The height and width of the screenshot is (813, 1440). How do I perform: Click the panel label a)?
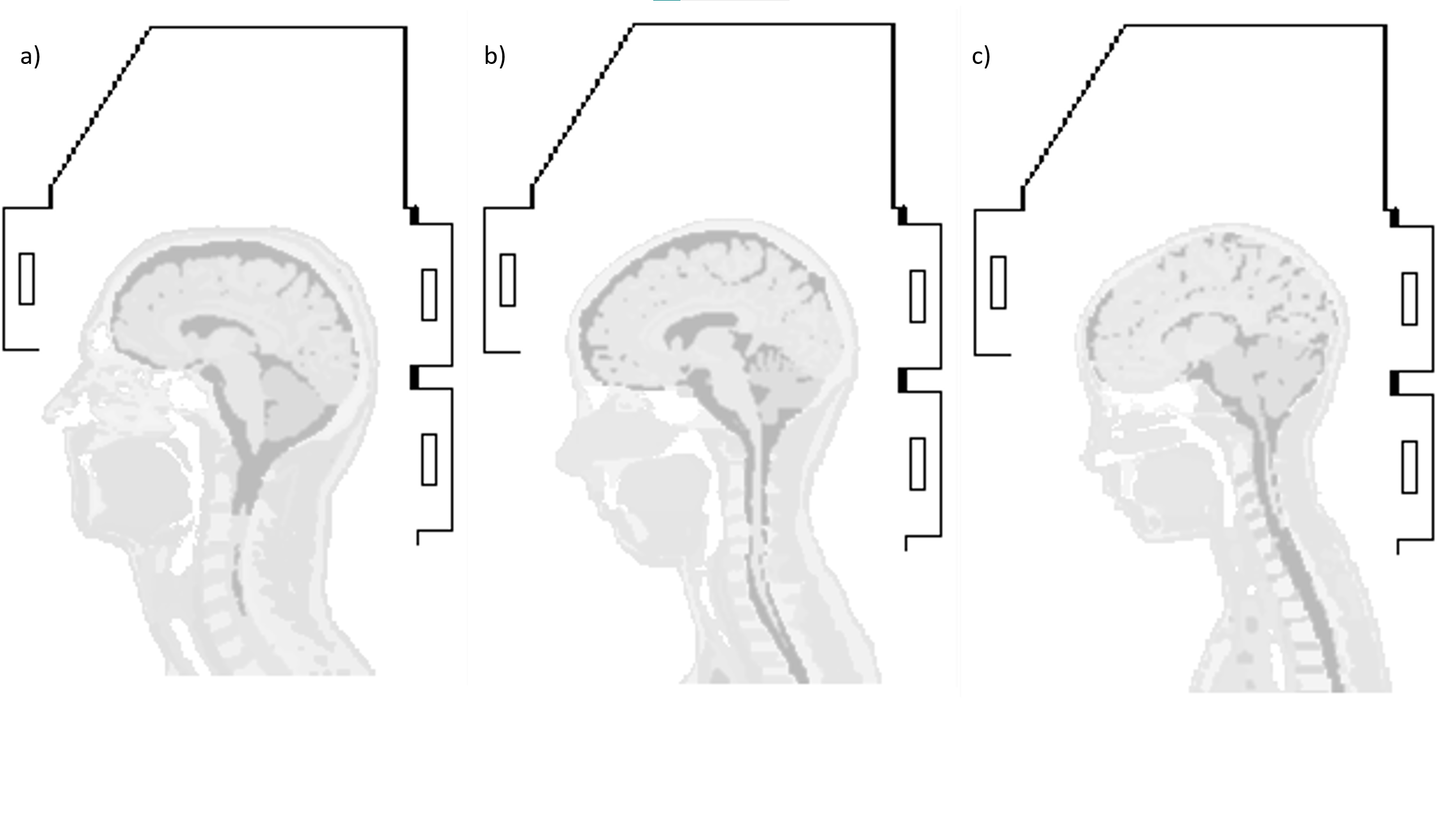point(31,57)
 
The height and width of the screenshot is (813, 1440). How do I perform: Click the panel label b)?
point(495,57)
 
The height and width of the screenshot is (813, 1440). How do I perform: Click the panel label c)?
point(981,57)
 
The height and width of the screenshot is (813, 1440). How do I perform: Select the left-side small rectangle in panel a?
point(27,279)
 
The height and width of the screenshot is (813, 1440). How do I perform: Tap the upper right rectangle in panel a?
point(429,295)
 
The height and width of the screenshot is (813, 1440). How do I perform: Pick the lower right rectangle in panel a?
point(429,459)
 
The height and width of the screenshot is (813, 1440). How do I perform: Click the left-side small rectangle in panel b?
point(508,280)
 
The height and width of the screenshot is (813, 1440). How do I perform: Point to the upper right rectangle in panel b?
point(917,296)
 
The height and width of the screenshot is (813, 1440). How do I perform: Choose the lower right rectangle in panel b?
point(917,464)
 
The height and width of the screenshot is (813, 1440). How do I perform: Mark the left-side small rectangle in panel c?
point(998,282)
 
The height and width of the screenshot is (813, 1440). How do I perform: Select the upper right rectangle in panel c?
point(1409,299)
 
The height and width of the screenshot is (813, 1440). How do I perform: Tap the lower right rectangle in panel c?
point(1409,467)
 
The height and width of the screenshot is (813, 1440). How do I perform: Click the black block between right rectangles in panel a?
point(415,377)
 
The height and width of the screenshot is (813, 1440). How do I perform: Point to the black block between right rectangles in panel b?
point(903,380)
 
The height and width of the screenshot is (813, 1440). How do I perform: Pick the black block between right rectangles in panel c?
point(1395,384)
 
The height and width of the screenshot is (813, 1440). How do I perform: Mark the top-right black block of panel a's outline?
point(415,215)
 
